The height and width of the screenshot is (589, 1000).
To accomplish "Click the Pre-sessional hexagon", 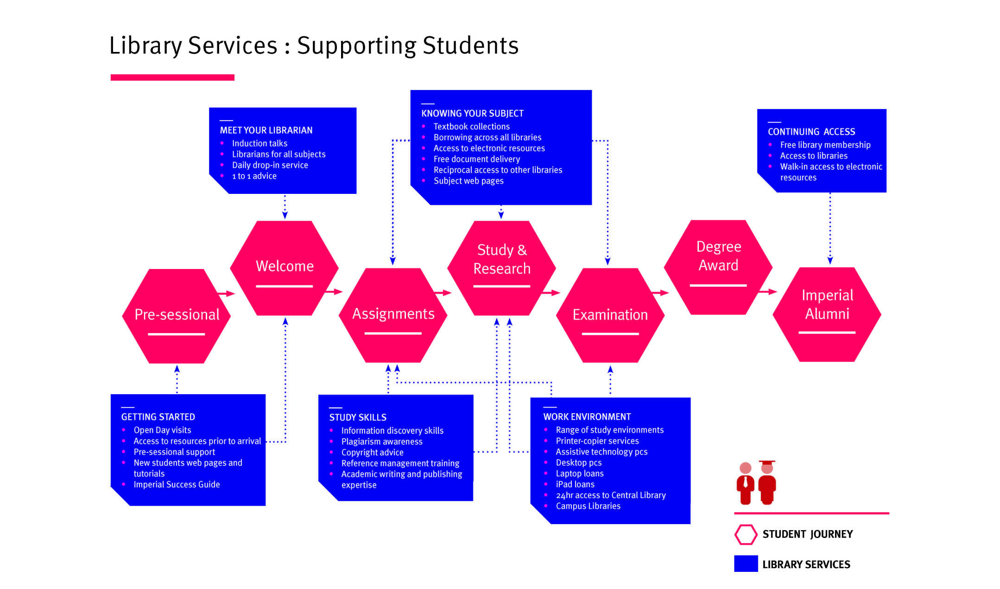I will (177, 315).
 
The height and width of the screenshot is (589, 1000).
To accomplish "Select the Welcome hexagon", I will (285, 268).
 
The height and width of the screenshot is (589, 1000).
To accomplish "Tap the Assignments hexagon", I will (393, 315).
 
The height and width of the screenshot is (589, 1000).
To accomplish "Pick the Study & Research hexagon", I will (501, 268).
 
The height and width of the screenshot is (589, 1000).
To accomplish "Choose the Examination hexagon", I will (610, 315).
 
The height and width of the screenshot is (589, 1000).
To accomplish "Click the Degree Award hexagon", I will (718, 267).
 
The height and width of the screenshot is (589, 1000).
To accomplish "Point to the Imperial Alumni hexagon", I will (827, 314).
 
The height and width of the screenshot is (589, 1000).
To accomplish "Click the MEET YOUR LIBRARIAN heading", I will (266, 130).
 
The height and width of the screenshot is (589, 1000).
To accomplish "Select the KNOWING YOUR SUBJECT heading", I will (472, 114).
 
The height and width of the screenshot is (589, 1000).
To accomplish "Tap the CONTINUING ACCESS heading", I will (811, 132).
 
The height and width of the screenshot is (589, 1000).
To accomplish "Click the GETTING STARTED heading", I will (158, 417).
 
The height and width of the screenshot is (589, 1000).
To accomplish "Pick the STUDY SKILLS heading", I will (358, 417).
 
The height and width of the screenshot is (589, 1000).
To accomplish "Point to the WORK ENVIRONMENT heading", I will (587, 417).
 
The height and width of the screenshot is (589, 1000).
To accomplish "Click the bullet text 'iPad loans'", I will (575, 484).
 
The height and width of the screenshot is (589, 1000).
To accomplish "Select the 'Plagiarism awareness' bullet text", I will (382, 442).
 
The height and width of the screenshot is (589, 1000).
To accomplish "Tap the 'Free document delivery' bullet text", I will (476, 159).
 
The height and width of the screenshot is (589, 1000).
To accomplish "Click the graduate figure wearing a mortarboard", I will (767, 482).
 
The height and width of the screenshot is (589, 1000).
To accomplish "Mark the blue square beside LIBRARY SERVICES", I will (746, 563).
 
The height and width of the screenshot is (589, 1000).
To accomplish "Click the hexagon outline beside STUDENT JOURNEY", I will (746, 534).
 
